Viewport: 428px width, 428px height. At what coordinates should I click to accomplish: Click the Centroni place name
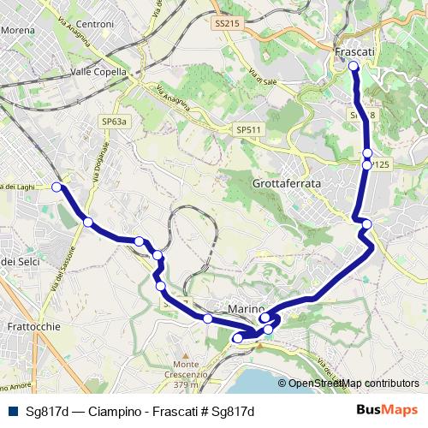[x=95, y=25]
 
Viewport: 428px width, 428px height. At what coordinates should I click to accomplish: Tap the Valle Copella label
[x=98, y=73]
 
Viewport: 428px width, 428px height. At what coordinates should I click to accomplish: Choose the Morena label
[x=17, y=30]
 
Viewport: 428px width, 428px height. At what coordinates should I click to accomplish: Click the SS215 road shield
[x=228, y=25]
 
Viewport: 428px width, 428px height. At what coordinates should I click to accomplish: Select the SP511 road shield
[x=248, y=129]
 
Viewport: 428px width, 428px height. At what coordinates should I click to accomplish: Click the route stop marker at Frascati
[x=354, y=65]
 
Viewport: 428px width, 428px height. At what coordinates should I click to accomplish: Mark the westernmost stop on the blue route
[x=57, y=187]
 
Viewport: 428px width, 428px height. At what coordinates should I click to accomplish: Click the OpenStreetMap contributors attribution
[x=353, y=383]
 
